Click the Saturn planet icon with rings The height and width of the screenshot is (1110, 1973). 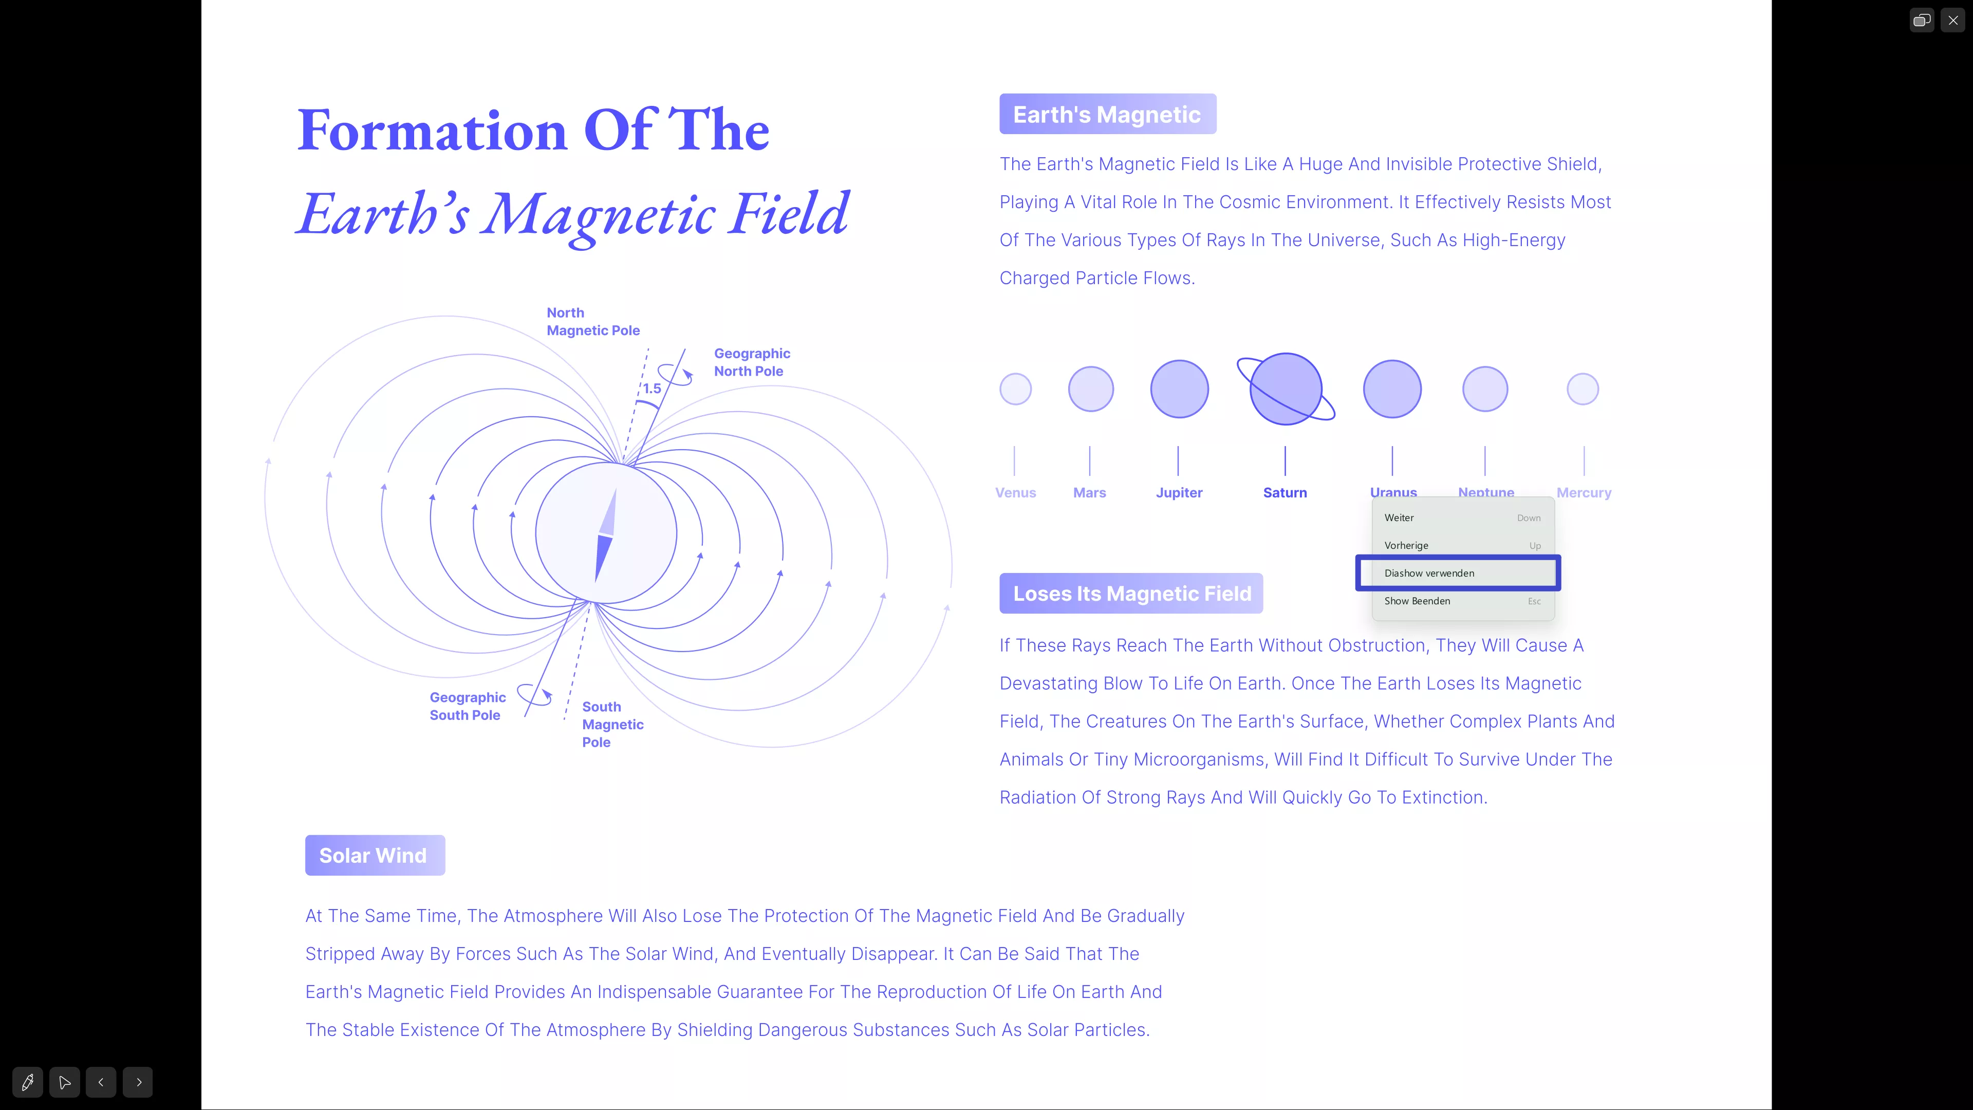(x=1286, y=389)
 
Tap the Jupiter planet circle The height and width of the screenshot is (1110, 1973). (x=1180, y=389)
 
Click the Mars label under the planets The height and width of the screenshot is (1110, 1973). (x=1090, y=493)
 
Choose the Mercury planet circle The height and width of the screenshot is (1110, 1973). (x=1583, y=389)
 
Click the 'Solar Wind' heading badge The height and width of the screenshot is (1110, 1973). (x=375, y=855)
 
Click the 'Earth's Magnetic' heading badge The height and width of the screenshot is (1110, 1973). (x=1108, y=114)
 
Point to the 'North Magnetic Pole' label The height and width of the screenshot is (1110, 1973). (x=593, y=322)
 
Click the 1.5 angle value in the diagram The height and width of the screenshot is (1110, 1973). (x=652, y=388)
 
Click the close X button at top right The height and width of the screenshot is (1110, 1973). (x=1953, y=21)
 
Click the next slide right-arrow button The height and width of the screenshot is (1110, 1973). (x=139, y=1082)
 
